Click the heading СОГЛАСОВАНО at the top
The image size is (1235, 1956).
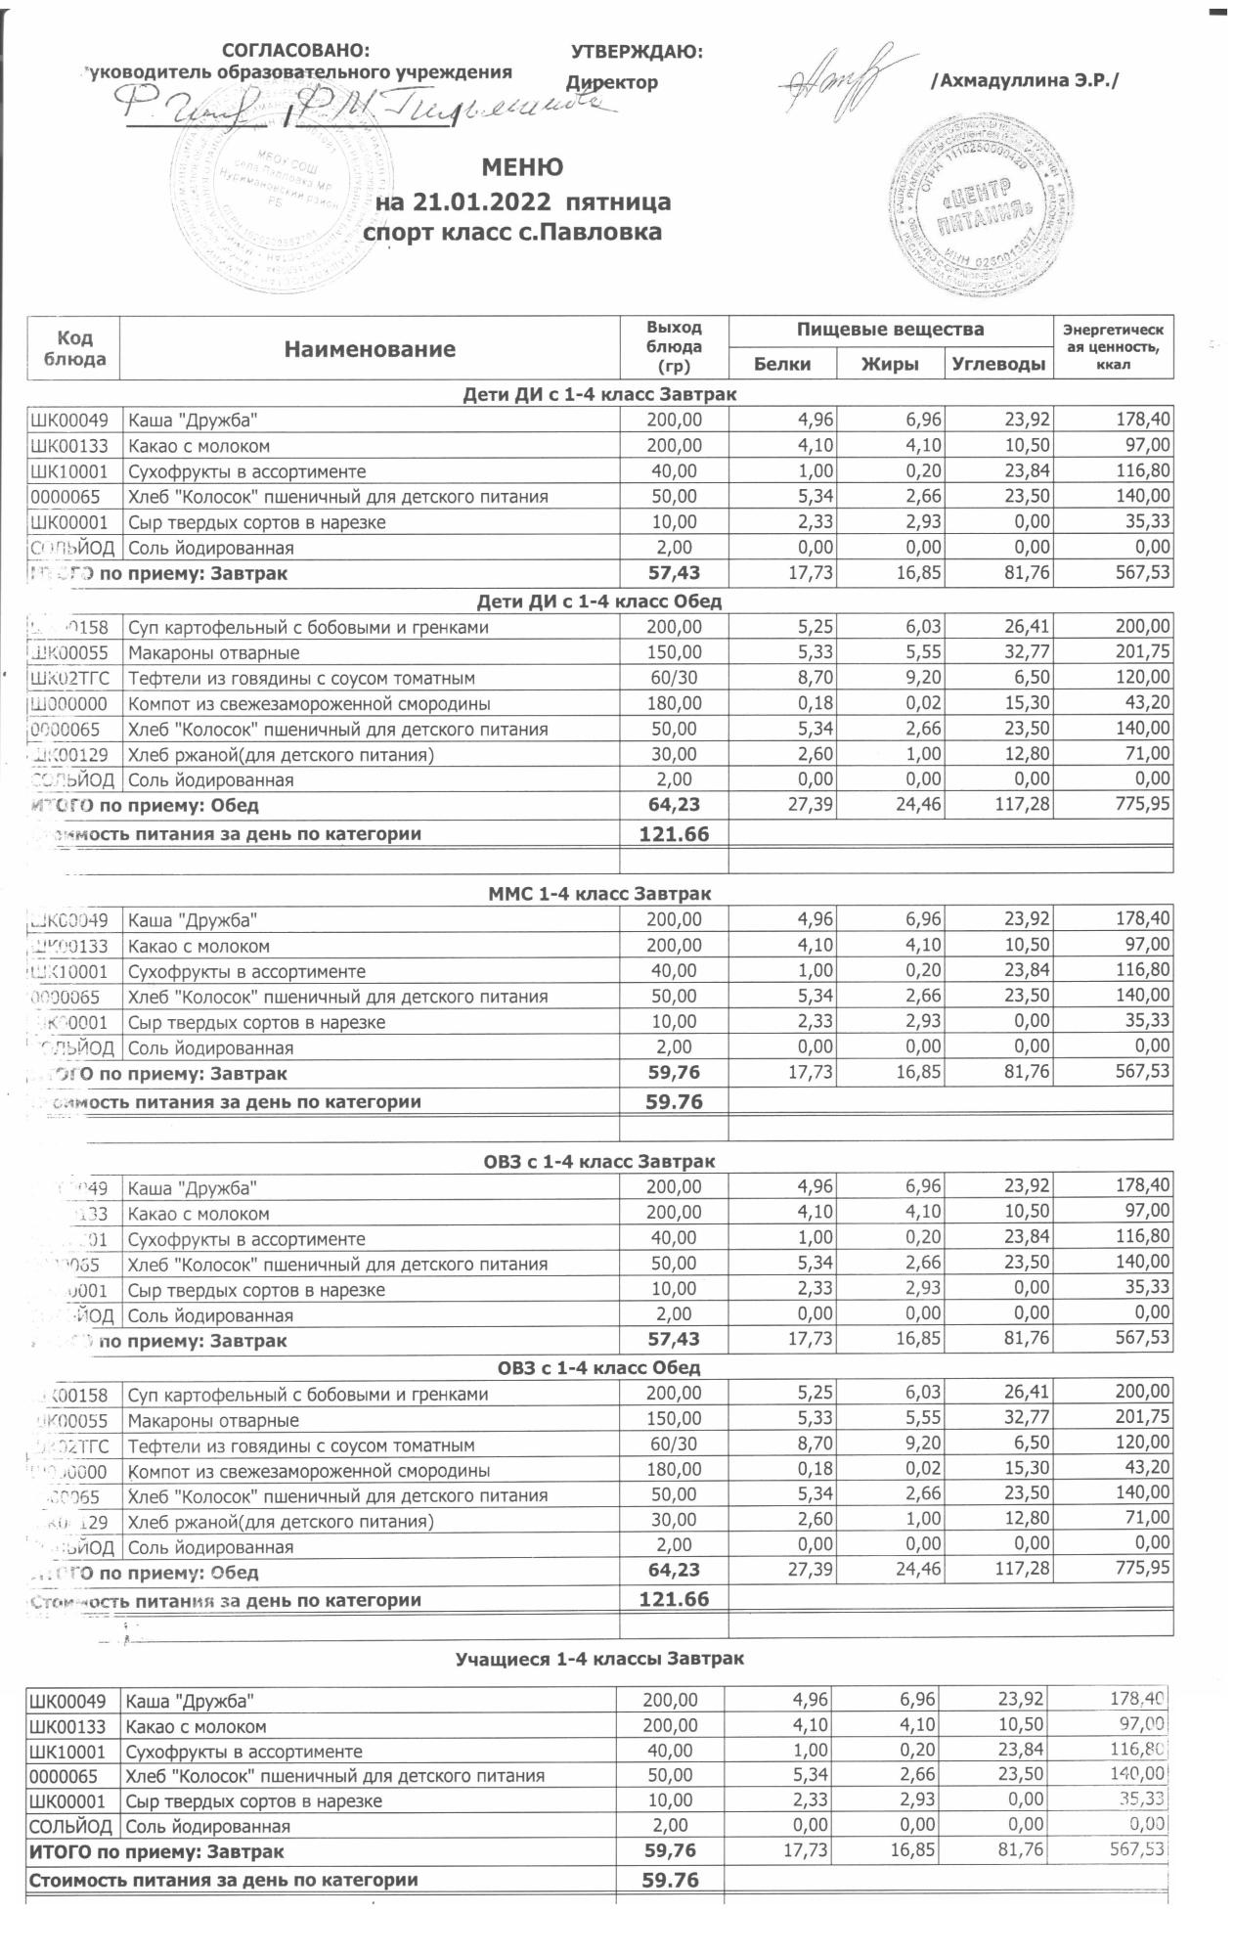click(x=296, y=51)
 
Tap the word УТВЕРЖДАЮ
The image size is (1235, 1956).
click(x=637, y=52)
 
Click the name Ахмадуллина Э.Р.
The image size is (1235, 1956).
click(x=1023, y=81)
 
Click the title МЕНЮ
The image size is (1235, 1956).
click(x=522, y=167)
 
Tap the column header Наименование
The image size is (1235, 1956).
click(x=370, y=349)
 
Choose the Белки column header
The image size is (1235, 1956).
click(x=783, y=364)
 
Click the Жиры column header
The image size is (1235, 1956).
click(x=890, y=364)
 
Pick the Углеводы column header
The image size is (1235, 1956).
click(x=998, y=364)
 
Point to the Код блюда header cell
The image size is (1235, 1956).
click(x=75, y=348)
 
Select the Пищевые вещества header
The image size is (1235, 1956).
click(x=890, y=330)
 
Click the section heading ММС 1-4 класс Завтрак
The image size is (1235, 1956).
click(x=599, y=893)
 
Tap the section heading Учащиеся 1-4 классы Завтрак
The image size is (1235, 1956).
click(x=599, y=1659)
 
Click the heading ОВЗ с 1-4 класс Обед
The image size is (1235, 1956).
click(x=599, y=1366)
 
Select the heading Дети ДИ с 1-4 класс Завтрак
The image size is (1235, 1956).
click(x=599, y=394)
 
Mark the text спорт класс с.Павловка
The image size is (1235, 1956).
click(x=512, y=233)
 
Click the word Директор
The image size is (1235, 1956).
click(x=613, y=83)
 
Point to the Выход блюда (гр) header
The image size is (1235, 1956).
click(x=675, y=347)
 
